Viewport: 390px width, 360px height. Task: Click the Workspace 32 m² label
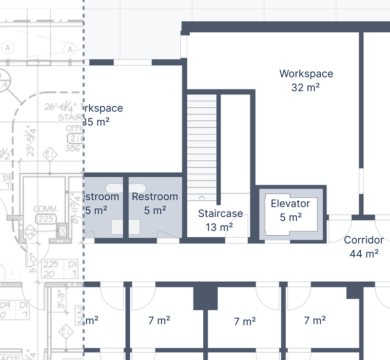pyautogui.click(x=306, y=80)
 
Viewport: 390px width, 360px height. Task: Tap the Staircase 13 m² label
pyautogui.click(x=220, y=220)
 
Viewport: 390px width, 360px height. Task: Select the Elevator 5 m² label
pyautogui.click(x=291, y=210)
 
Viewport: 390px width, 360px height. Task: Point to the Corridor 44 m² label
pyautogui.click(x=364, y=246)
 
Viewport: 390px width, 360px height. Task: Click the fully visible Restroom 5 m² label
pyautogui.click(x=155, y=204)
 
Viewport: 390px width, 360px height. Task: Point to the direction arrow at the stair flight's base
pyautogui.click(x=202, y=197)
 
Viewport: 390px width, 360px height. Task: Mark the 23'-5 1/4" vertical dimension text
pyautogui.click(x=32, y=141)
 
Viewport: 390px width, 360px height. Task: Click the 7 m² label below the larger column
pyautogui.click(x=244, y=322)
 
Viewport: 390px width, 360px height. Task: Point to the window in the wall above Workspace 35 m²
pyautogui.click(x=133, y=62)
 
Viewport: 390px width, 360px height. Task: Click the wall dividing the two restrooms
pyautogui.click(x=125, y=207)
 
